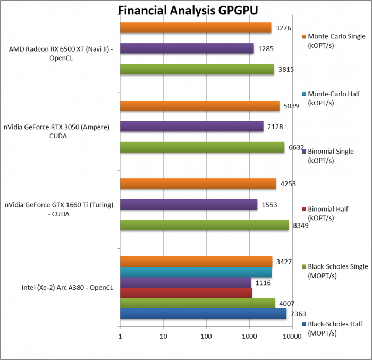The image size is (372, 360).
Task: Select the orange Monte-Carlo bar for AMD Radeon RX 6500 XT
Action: [x=196, y=28]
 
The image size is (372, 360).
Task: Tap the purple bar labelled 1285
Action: [x=187, y=48]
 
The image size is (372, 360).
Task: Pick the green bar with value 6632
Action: [x=202, y=147]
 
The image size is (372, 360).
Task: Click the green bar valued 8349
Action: [x=204, y=225]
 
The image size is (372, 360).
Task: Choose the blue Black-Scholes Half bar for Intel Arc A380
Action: [x=203, y=314]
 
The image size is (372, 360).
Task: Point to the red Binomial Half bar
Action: [x=186, y=293]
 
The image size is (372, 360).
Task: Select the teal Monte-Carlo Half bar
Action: [x=196, y=272]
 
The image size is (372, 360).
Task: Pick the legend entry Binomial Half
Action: [x=328, y=213]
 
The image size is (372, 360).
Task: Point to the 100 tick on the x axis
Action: [x=206, y=336]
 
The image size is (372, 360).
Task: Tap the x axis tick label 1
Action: [x=120, y=336]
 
